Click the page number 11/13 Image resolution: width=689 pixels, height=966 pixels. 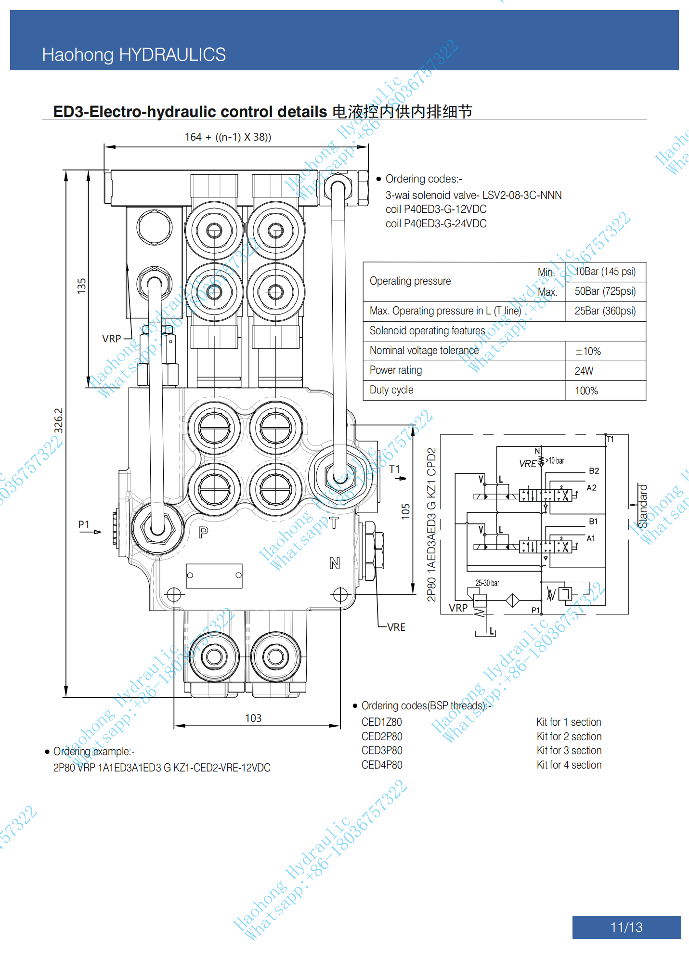(x=626, y=927)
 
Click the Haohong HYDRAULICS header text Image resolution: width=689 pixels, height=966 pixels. (x=134, y=54)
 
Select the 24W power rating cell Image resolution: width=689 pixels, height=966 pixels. (x=584, y=371)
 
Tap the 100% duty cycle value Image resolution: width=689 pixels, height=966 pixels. (x=586, y=391)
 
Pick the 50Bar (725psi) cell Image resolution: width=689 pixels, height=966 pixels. (x=605, y=291)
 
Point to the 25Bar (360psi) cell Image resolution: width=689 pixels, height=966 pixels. (x=605, y=311)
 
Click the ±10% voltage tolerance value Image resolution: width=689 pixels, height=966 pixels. (x=588, y=351)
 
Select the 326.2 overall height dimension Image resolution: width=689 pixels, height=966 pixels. (x=58, y=420)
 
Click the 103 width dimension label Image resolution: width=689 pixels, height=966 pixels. (x=253, y=718)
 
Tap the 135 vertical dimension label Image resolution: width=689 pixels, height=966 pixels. (x=81, y=286)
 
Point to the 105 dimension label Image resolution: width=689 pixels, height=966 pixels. (x=406, y=510)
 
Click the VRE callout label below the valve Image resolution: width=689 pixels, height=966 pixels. (x=396, y=627)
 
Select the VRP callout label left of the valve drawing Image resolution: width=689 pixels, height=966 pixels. (x=111, y=339)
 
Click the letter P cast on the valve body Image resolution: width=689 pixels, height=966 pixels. (x=203, y=532)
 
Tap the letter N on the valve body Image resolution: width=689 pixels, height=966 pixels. (x=335, y=563)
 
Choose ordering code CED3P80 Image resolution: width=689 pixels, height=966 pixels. (x=382, y=750)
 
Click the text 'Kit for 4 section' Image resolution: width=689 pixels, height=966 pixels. (x=569, y=765)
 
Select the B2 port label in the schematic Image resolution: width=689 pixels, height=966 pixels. (x=594, y=470)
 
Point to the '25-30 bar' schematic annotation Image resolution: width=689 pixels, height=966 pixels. (x=487, y=583)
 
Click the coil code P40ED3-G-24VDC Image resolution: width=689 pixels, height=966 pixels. (x=436, y=223)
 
